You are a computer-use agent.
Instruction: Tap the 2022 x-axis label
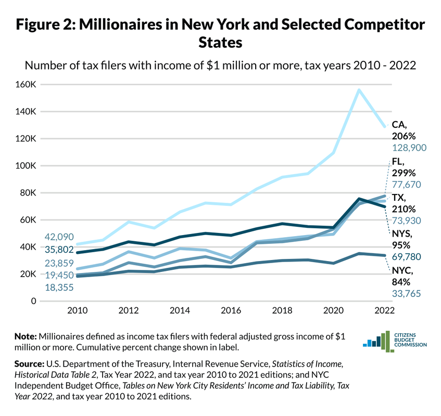[384, 311]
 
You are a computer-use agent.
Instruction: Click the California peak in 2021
[359, 89]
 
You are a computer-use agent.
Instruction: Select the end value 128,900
[409, 148]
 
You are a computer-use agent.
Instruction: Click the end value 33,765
[406, 294]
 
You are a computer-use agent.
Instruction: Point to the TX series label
[400, 198]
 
